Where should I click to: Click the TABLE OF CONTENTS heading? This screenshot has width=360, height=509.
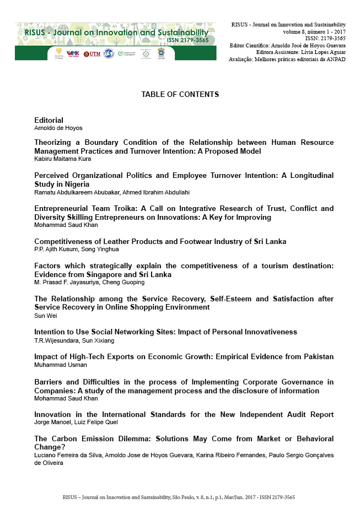point(180,94)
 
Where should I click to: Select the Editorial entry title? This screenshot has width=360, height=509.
point(49,120)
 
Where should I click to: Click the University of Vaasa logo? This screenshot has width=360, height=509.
point(58,53)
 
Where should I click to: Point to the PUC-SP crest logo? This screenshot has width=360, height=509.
point(161,53)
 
